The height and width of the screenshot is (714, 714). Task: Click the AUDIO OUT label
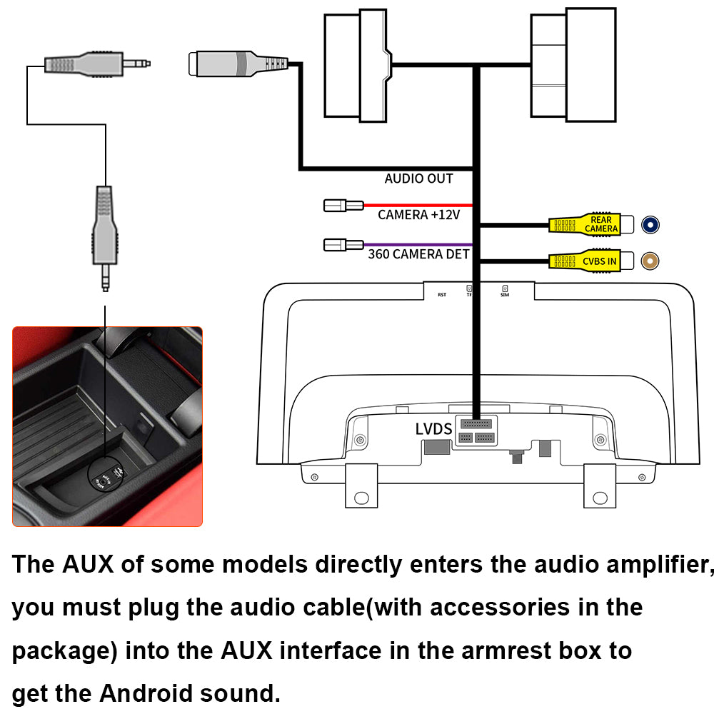[418, 178]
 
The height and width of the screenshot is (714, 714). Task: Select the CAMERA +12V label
[419, 214]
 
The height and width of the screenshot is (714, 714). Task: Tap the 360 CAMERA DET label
[419, 253]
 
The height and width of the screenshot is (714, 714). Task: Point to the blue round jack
[650, 225]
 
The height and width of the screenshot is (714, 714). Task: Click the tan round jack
[650, 261]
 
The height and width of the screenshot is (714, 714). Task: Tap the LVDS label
[433, 429]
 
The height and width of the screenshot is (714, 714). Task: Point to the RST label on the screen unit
[442, 294]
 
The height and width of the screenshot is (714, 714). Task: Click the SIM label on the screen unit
[505, 293]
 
